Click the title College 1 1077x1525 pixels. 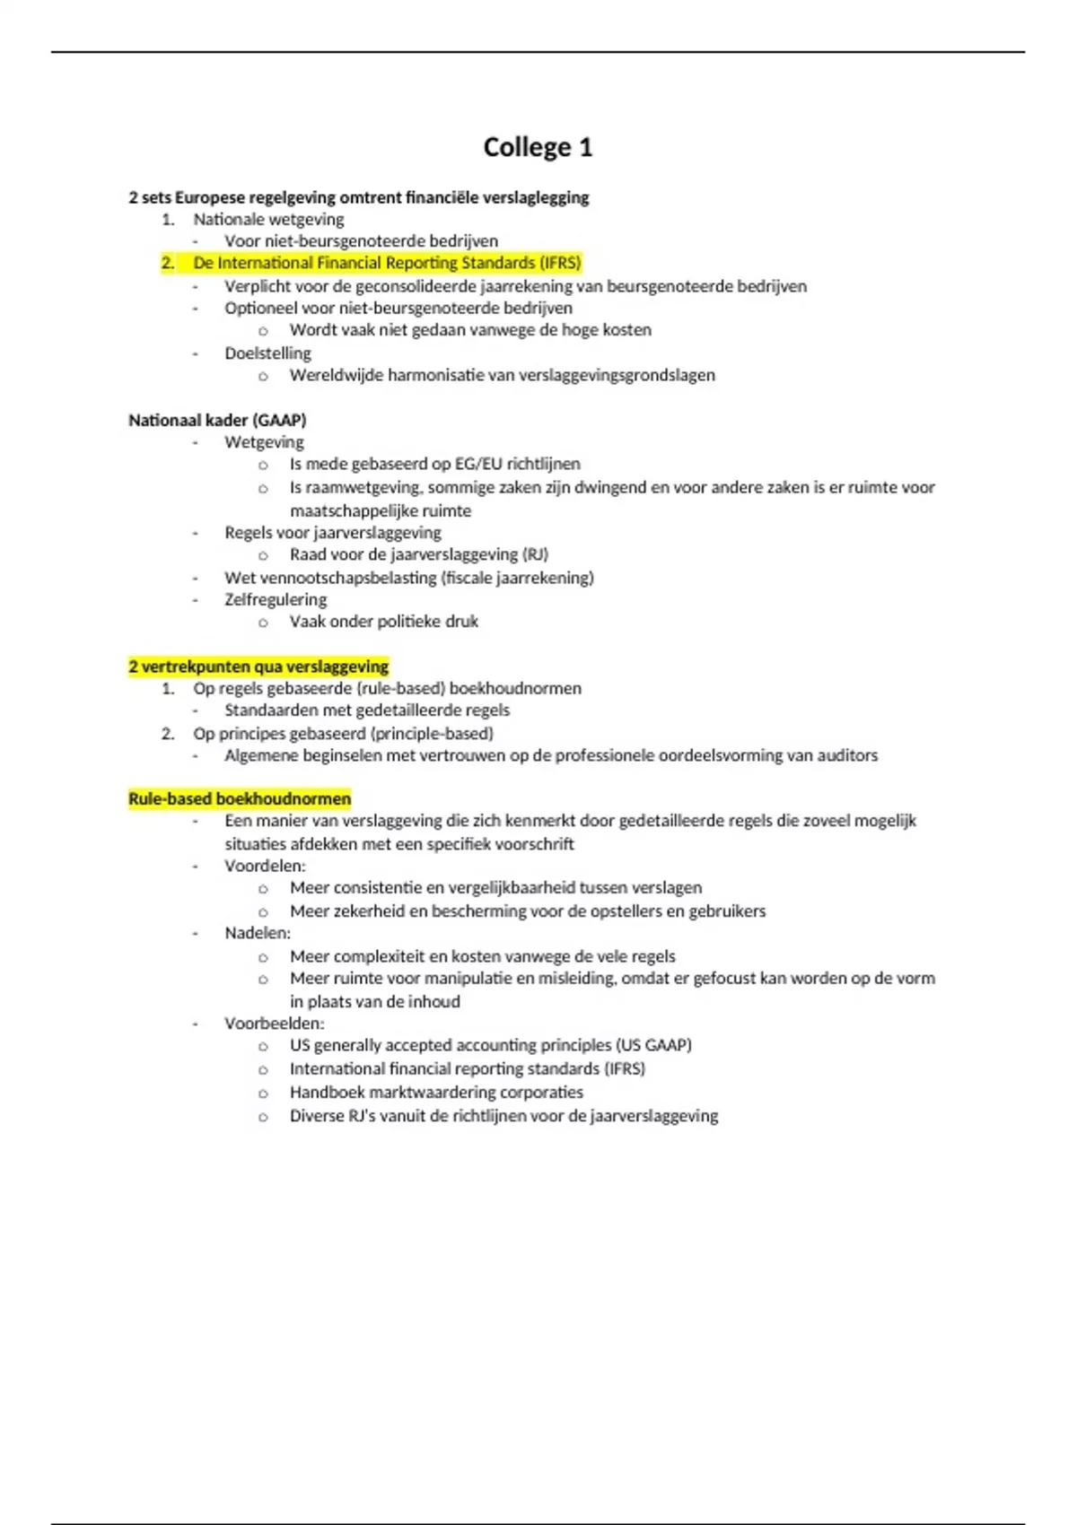[x=538, y=147]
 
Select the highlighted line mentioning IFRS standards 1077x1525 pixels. [x=387, y=263]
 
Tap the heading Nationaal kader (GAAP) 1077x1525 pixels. [x=217, y=420]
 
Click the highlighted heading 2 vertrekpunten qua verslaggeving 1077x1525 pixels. [x=258, y=667]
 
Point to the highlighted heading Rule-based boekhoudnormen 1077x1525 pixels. [x=240, y=798]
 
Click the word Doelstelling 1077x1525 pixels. [x=267, y=353]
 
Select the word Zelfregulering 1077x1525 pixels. [x=276, y=599]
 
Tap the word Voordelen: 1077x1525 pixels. [x=265, y=866]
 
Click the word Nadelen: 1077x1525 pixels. [x=258, y=933]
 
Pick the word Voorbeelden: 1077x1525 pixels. [x=274, y=1024]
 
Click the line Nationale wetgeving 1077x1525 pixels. [x=268, y=219]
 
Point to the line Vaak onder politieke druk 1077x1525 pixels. [x=383, y=621]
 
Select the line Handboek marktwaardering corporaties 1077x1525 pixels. [x=436, y=1092]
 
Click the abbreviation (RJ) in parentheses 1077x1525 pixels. [x=535, y=554]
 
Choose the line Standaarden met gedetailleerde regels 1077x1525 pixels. [x=366, y=710]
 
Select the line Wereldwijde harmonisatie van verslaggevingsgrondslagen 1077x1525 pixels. [x=502, y=375]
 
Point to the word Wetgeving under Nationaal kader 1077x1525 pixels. [x=264, y=442]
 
